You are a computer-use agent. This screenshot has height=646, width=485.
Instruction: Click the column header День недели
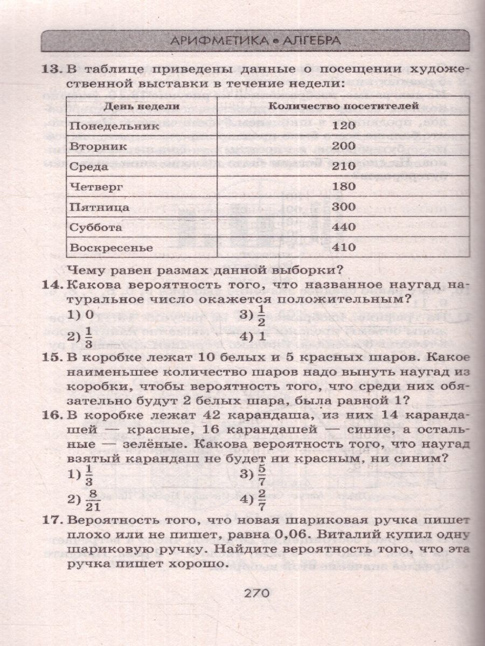point(142,106)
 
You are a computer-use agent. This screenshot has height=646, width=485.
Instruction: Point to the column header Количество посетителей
point(343,106)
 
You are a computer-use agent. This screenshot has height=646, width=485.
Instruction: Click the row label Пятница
point(99,207)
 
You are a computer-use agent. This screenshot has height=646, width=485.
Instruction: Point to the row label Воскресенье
point(111,248)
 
